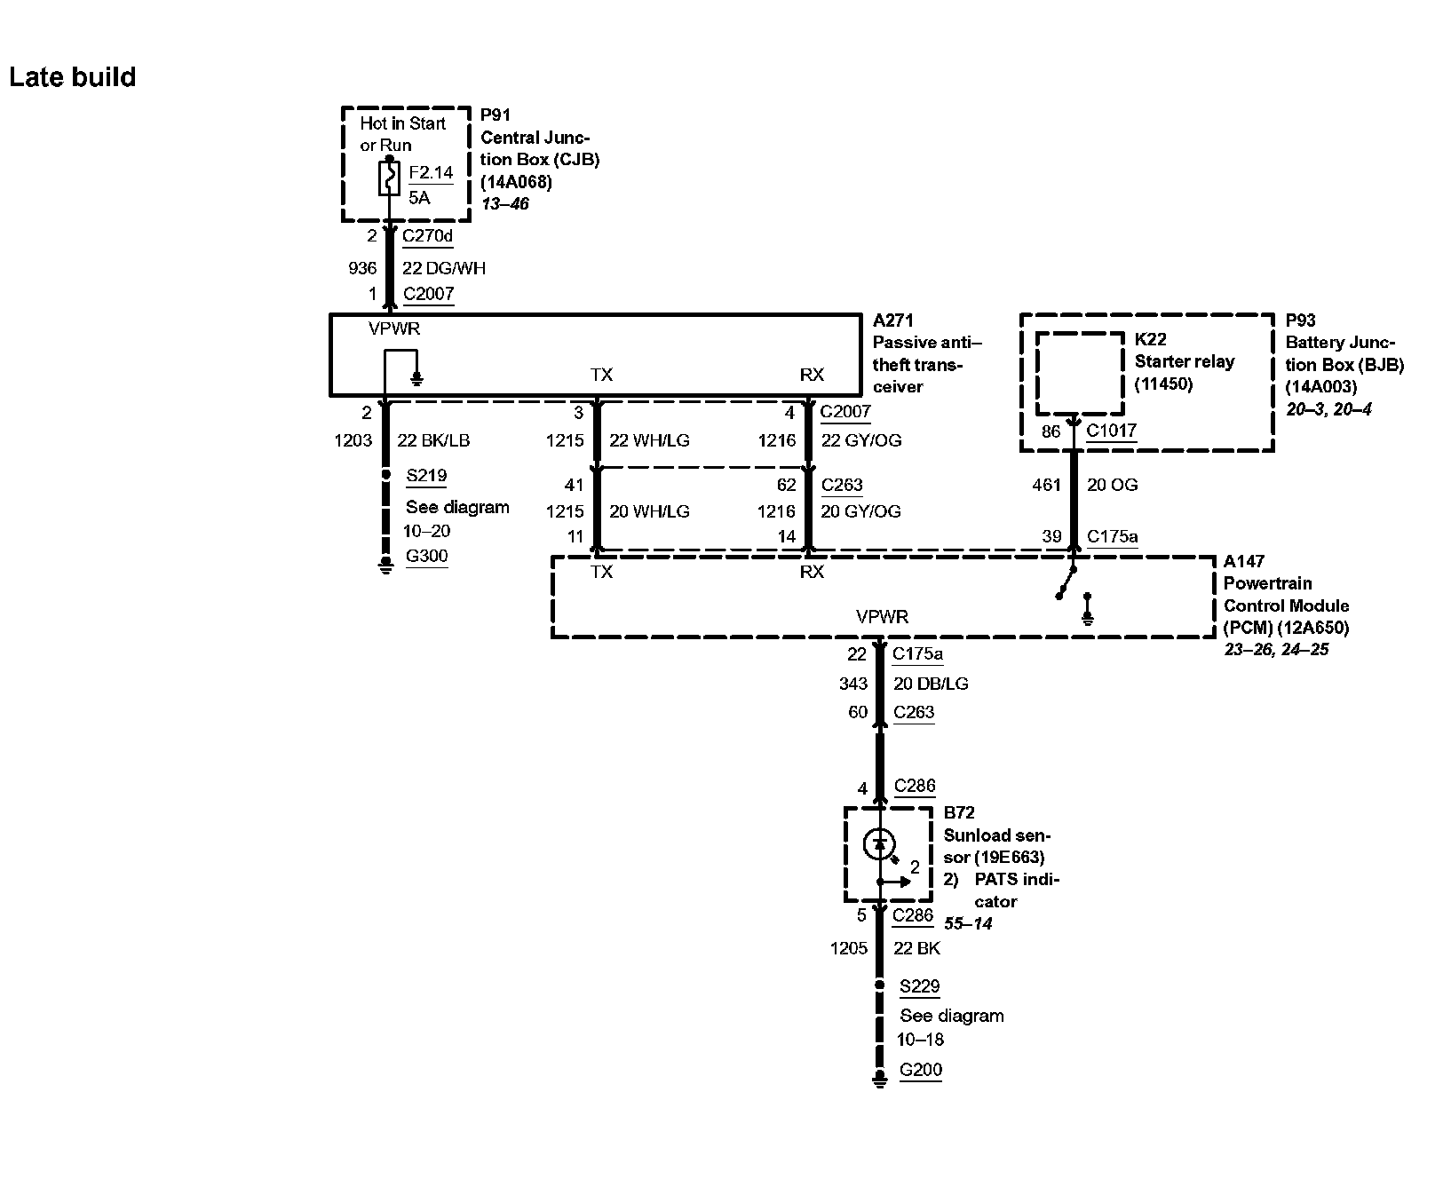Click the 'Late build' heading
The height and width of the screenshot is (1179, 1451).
73,77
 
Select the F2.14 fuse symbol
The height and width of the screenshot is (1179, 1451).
389,178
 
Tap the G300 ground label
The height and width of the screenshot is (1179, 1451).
426,557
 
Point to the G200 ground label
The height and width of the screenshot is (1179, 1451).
920,1070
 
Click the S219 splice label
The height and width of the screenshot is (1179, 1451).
426,476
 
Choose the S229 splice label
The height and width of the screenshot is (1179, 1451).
919,986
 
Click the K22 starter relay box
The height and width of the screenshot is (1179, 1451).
1079,374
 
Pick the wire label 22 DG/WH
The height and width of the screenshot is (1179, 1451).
444,268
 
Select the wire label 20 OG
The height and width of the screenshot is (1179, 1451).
1112,485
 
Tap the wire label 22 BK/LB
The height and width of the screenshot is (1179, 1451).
433,440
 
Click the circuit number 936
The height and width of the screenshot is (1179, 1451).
362,268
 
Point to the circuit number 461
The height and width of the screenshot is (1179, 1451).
1047,485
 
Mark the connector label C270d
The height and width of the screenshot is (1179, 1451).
427,236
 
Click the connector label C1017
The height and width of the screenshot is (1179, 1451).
1111,431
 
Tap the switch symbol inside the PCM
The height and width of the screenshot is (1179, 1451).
1066,582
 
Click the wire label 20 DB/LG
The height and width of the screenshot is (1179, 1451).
931,684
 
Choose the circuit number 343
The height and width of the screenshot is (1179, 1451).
852,684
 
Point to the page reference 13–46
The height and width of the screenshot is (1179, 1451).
504,204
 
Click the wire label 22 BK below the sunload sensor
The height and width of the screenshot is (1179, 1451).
916,948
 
